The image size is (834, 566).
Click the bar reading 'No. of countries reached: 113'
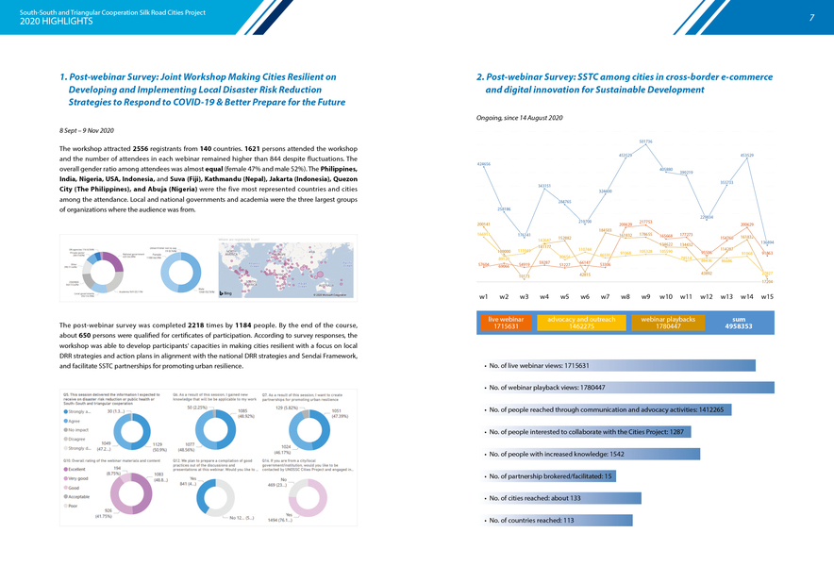click(x=557, y=520)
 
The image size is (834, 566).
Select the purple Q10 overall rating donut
click(x=131, y=495)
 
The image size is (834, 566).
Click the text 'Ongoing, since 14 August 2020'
click(x=521, y=117)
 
